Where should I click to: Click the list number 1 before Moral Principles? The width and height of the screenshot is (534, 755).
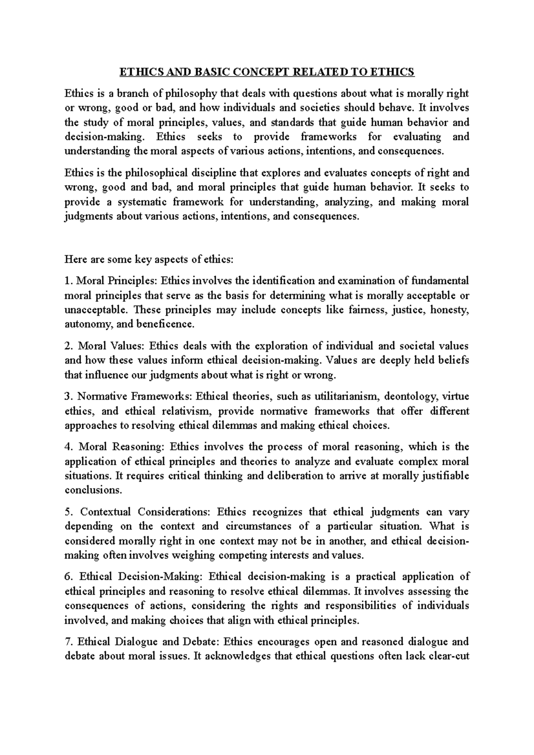(68, 281)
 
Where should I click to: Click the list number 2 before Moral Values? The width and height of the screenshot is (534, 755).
(68, 346)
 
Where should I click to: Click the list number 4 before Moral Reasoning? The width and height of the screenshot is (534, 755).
(68, 447)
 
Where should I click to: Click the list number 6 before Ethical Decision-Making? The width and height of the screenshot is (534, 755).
(68, 577)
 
